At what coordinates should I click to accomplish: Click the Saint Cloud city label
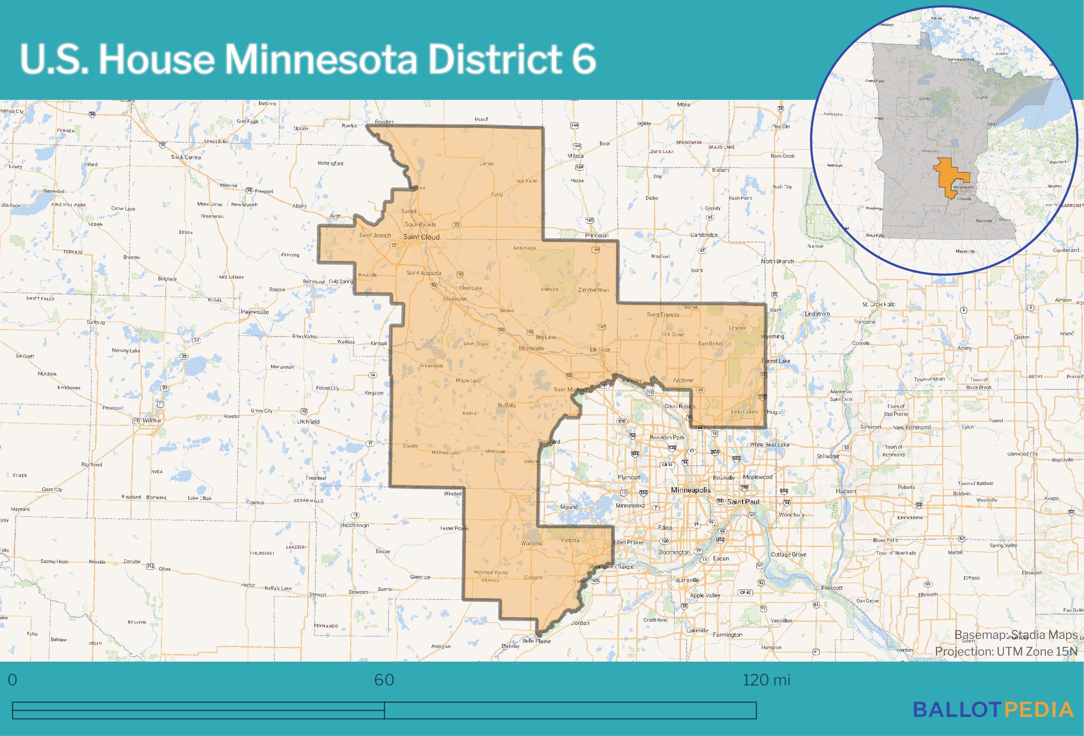coord(421,237)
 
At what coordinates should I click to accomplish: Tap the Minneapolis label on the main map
coord(691,490)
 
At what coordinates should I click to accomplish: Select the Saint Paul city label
coord(743,501)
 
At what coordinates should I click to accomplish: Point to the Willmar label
coord(152,421)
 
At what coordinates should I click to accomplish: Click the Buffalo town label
coord(507,405)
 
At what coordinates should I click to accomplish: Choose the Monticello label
coord(531,348)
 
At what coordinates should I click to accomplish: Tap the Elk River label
coord(600,350)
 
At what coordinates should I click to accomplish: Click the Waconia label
coord(532,543)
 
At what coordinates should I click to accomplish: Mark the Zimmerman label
coord(593,290)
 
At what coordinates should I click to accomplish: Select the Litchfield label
coord(308,421)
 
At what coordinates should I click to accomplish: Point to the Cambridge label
coord(704,235)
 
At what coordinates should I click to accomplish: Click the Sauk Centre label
coord(186,157)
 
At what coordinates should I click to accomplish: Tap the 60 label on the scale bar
coord(384,680)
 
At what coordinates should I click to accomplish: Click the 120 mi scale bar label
coord(766,680)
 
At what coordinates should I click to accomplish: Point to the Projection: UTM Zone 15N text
coord(1006,651)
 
